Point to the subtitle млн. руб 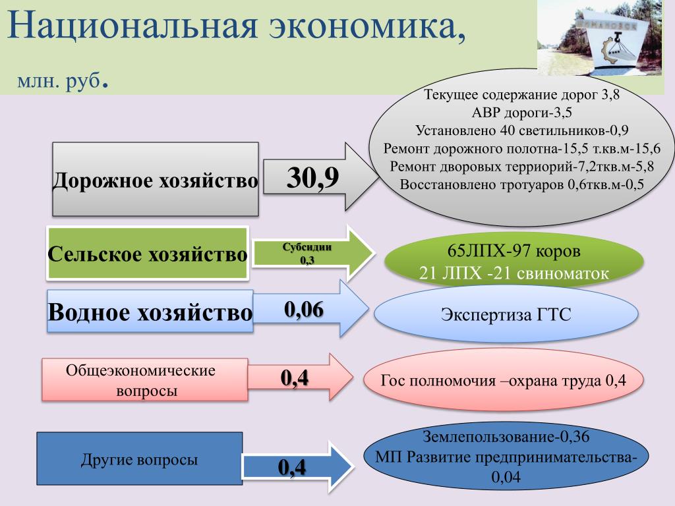(63, 82)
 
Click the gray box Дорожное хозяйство (155, 180)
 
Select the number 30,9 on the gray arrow (311, 178)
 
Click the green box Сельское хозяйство (148, 254)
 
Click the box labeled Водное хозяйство (150, 312)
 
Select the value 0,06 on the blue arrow (304, 309)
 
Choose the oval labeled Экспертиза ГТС (506, 314)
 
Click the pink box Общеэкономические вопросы (144, 380)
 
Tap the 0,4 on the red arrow (295, 378)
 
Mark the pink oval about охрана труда (503, 380)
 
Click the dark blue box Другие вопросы (139, 460)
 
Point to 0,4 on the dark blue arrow (292, 467)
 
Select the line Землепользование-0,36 (506, 436)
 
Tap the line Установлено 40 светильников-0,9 (521, 130)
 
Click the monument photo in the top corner (605, 38)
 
